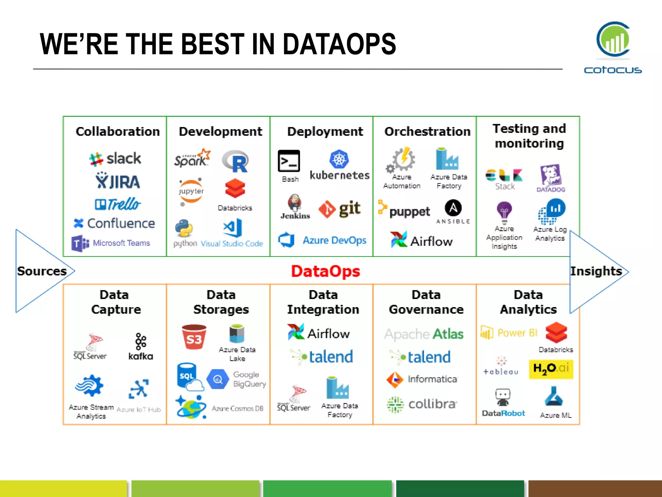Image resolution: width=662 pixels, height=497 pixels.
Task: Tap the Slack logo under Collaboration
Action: [x=115, y=159]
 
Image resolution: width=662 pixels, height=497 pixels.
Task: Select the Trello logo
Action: [x=118, y=204]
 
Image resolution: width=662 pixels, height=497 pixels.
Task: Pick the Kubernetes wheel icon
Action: [x=339, y=159]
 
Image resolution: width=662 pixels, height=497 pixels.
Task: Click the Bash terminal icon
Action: [x=289, y=161]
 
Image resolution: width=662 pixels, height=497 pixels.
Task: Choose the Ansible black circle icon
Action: [x=453, y=208]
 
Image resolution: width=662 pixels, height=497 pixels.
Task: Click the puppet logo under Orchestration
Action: [x=404, y=211]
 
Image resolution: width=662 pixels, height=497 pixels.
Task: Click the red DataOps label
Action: [x=326, y=271]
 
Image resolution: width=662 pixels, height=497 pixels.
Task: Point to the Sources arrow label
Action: [x=42, y=271]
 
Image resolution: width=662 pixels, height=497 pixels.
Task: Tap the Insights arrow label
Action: [x=596, y=271]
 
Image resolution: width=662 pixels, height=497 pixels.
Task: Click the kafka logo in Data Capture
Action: [x=141, y=347]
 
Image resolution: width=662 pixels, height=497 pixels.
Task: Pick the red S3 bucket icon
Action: [x=194, y=337]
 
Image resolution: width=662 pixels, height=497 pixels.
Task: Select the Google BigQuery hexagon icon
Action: [x=218, y=379]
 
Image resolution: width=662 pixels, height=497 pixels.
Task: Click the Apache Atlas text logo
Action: [x=424, y=334]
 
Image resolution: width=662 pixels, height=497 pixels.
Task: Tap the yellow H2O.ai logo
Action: [x=551, y=369]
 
